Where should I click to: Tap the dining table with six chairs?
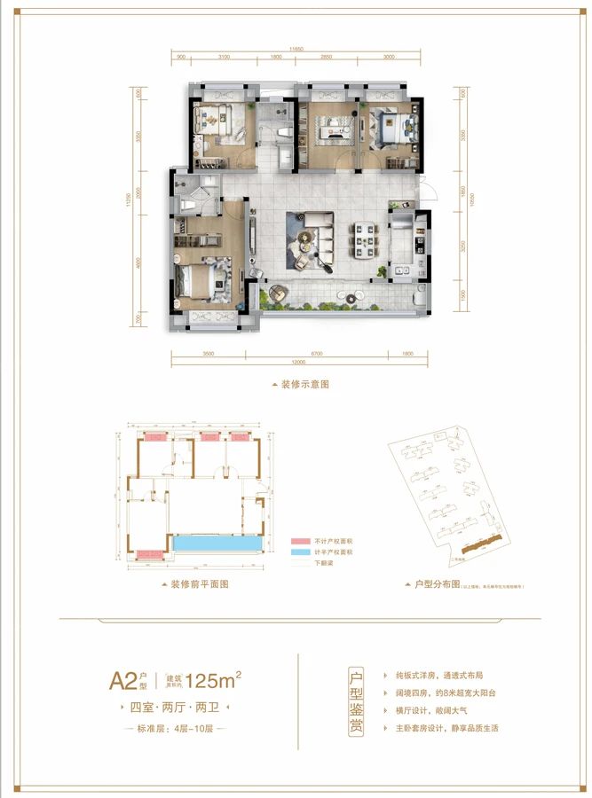[x=365, y=238]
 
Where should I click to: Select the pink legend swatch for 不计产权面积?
[x=297, y=541]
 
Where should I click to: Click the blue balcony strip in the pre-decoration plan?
[x=217, y=542]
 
